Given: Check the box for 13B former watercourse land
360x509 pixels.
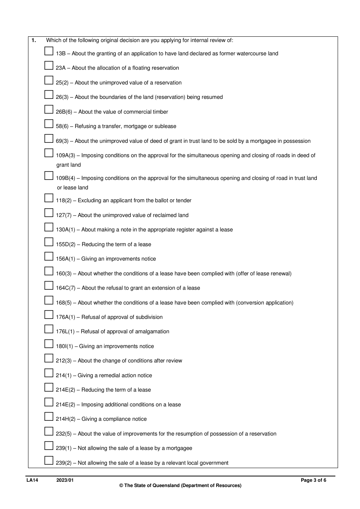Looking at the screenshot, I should tap(49, 51).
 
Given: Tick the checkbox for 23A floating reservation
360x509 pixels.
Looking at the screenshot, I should tap(49, 66).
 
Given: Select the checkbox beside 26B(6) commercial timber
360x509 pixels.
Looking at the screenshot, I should tap(49, 109).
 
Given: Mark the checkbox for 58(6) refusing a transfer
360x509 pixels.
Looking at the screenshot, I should tap(49, 124).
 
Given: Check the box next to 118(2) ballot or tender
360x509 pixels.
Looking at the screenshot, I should tap(49, 198).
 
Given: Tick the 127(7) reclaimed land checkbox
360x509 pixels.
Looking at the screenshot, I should tap(49, 213).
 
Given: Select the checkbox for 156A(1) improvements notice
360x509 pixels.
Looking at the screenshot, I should tap(49, 256).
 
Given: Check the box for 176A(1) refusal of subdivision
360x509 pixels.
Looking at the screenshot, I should tap(49, 315).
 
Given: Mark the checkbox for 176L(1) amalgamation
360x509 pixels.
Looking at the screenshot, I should tap(49, 329).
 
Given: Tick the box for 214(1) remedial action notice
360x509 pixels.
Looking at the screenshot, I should tap(49, 373).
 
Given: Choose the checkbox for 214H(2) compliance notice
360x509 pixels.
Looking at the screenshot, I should tap(49, 417).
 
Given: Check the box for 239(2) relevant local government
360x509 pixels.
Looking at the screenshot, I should tap(49, 461).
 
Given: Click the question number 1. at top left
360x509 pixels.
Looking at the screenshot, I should tap(34, 40).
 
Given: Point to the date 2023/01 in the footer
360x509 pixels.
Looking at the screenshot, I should tap(65, 480).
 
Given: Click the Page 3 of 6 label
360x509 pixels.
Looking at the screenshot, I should tap(313, 480).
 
